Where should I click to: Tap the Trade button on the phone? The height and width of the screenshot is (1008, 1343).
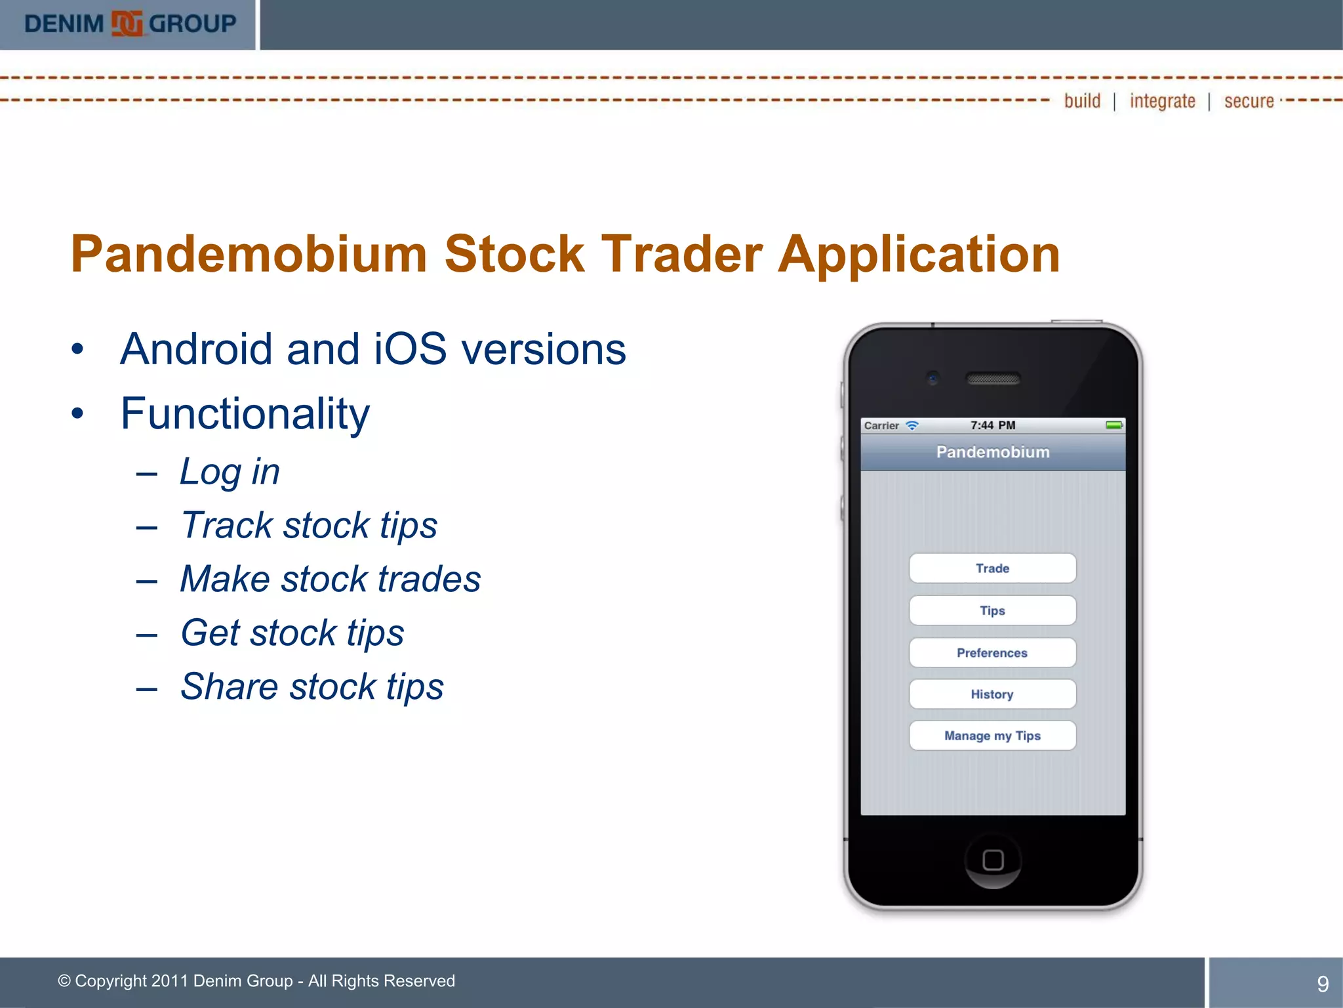pos(992,568)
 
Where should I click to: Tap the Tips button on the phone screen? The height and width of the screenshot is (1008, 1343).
pos(992,610)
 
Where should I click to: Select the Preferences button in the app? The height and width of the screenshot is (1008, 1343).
pos(992,653)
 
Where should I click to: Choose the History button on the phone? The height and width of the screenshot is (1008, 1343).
pos(992,694)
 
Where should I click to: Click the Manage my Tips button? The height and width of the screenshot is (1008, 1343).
pos(992,736)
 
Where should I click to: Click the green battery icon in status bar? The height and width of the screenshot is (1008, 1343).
pos(1114,425)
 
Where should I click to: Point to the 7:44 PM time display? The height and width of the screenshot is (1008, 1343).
pos(993,425)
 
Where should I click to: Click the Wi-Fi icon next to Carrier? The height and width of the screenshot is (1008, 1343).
pos(912,425)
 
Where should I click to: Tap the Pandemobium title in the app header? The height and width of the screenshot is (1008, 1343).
pos(993,452)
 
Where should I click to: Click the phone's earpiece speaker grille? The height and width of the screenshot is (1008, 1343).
pos(993,379)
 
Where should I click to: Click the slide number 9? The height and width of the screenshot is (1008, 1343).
pos(1323,984)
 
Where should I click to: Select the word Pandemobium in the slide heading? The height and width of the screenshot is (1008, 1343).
pos(249,254)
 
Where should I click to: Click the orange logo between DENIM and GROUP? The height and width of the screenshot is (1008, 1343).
pos(127,24)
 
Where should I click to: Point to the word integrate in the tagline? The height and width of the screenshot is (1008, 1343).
pos(1162,101)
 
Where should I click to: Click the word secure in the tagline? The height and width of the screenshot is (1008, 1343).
pos(1249,101)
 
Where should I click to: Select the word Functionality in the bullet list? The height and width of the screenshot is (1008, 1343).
pos(245,413)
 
